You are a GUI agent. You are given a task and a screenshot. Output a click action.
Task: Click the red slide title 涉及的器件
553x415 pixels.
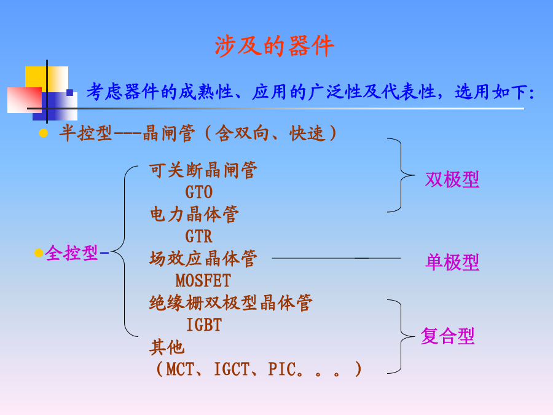click(x=275, y=46)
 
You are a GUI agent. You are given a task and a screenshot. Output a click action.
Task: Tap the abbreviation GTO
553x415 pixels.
click(x=199, y=192)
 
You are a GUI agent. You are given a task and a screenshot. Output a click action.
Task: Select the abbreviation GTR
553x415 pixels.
click(x=199, y=237)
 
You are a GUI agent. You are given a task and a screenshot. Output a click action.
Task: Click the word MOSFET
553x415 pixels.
click(x=203, y=281)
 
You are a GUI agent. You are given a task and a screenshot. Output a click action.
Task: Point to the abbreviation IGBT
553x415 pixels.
click(x=204, y=325)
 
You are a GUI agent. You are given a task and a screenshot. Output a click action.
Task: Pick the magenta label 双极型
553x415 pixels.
click(x=452, y=180)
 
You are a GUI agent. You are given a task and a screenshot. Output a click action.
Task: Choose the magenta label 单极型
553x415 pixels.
click(x=452, y=262)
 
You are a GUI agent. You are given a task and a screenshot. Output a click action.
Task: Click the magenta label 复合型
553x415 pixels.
click(x=447, y=336)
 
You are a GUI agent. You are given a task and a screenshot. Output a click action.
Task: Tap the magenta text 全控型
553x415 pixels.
click(x=71, y=253)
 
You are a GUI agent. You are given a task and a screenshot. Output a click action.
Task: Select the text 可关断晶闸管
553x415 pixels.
click(x=203, y=170)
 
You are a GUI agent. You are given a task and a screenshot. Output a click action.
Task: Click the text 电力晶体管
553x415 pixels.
click(x=194, y=215)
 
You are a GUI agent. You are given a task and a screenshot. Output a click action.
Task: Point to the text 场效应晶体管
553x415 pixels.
click(x=203, y=259)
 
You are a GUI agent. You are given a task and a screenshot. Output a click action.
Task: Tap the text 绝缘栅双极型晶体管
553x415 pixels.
click(x=230, y=303)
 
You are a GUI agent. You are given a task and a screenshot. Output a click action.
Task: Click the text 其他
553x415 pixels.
click(x=167, y=347)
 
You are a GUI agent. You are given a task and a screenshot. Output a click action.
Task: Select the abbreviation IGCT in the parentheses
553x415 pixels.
click(x=232, y=369)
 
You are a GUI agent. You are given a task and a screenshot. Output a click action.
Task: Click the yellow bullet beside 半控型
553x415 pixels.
click(x=44, y=133)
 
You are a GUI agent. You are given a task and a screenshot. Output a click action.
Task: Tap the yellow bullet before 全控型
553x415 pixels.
click(x=39, y=253)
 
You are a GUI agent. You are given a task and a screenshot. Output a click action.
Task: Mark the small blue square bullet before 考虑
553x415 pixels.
click(x=70, y=93)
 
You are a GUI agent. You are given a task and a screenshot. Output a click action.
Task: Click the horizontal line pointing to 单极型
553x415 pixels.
click(x=336, y=258)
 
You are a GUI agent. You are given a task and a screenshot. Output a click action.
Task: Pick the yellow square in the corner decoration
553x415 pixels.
click(x=36, y=77)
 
